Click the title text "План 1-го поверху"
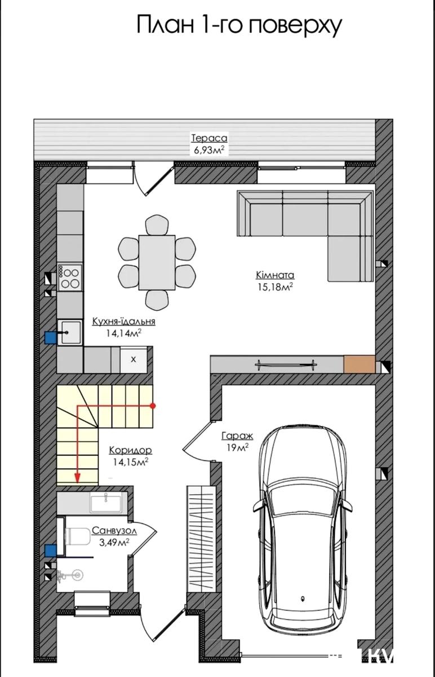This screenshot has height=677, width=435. (x=239, y=26)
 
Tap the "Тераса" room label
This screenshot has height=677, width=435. (x=209, y=138)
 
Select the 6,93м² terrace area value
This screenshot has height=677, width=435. (x=209, y=150)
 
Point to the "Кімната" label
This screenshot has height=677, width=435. (x=275, y=275)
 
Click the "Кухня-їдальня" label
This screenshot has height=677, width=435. (x=124, y=321)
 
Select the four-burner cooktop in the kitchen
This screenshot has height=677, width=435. (x=70, y=278)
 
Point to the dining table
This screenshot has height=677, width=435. (x=157, y=262)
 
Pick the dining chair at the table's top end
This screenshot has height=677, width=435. (x=157, y=225)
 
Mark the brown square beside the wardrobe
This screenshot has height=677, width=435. (x=359, y=364)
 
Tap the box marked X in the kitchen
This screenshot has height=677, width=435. (x=134, y=360)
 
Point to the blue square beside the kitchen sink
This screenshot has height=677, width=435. (x=50, y=337)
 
